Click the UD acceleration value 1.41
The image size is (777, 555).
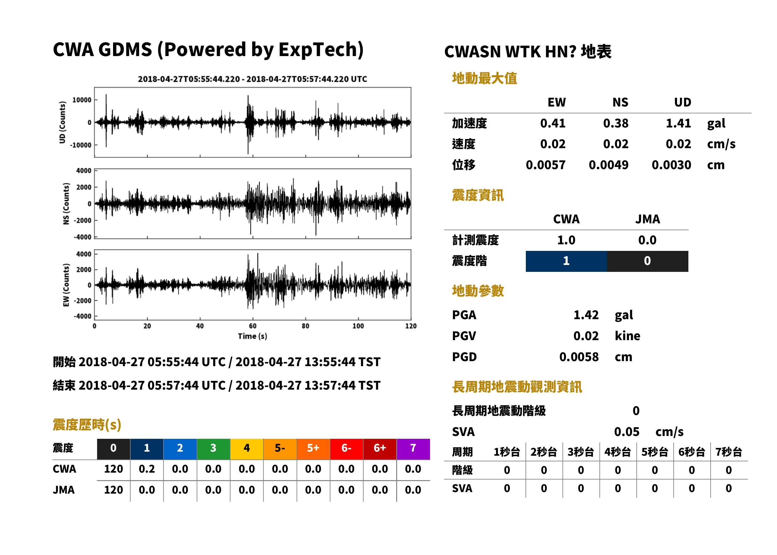pyautogui.click(x=678, y=123)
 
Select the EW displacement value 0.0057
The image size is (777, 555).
pyautogui.click(x=545, y=165)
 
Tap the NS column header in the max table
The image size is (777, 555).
pyautogui.click(x=620, y=102)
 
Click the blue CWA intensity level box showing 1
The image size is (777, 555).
pyautogui.click(x=566, y=261)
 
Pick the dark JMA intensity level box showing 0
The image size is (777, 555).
pyautogui.click(x=648, y=261)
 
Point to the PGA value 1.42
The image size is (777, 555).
pyautogui.click(x=586, y=315)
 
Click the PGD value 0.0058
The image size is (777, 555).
pyautogui.click(x=579, y=357)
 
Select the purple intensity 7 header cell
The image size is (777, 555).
pyautogui.click(x=413, y=449)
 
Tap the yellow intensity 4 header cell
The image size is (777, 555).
pyautogui.click(x=247, y=449)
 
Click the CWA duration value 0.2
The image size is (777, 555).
pyautogui.click(x=147, y=469)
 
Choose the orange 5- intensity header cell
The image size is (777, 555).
pyautogui.click(x=280, y=449)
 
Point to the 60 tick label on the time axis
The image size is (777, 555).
pyautogui.click(x=252, y=326)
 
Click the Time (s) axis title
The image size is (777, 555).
pyautogui.click(x=252, y=336)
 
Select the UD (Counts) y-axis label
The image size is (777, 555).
pyautogui.click(x=62, y=122)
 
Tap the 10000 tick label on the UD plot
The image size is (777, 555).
pyautogui.click(x=82, y=100)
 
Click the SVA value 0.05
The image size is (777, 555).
pyautogui.click(x=627, y=432)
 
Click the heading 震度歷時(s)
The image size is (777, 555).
pyautogui.click(x=87, y=425)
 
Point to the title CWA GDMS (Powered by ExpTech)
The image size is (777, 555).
pyautogui.click(x=208, y=49)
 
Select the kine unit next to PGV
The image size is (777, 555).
pyautogui.click(x=627, y=336)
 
